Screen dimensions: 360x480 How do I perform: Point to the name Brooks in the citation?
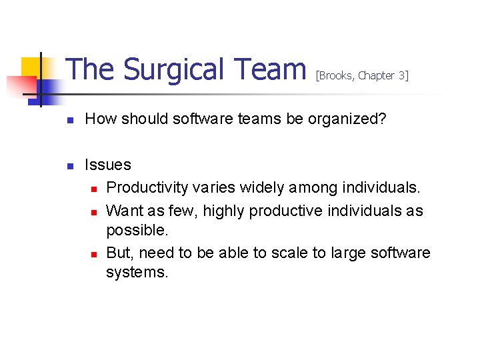pos(336,76)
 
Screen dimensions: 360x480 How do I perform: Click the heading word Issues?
pos(108,164)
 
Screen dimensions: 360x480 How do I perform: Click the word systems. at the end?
pos(137,273)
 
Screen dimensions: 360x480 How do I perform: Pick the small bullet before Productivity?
pos(94,189)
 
